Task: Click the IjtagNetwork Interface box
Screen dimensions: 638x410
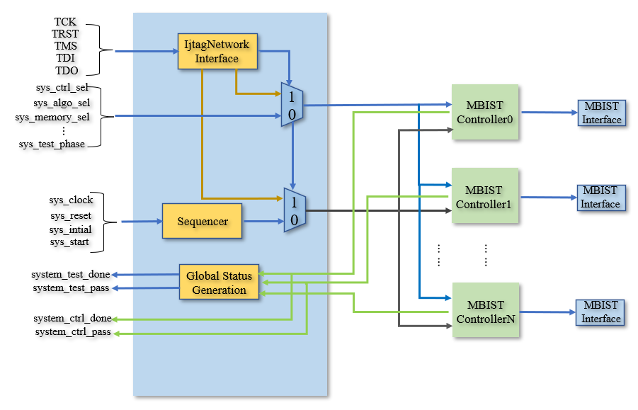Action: pos(217,51)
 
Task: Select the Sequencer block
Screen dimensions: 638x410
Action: pos(203,221)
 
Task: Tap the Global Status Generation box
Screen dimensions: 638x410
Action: pos(219,282)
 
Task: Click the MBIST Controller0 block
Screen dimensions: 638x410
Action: pos(485,112)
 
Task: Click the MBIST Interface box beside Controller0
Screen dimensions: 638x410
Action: pos(602,113)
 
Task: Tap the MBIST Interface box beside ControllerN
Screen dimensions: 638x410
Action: pos(600,312)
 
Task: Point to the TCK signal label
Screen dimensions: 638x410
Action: pos(65,21)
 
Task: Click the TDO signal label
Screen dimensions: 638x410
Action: pos(67,70)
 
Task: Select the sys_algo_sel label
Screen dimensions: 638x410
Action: pos(62,103)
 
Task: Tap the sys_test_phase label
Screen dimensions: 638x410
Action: pos(52,144)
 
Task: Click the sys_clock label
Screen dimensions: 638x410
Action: pos(71,200)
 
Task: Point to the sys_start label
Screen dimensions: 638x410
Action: pos(69,242)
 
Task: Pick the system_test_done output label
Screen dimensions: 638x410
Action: pos(71,275)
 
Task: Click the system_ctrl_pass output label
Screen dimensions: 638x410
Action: pos(73,332)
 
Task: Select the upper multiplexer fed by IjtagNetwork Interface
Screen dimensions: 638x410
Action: pos(292,105)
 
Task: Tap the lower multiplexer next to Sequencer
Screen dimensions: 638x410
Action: pos(295,210)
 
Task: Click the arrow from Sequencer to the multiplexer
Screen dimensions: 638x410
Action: pos(263,221)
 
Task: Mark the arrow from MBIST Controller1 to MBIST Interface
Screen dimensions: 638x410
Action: pos(549,198)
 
